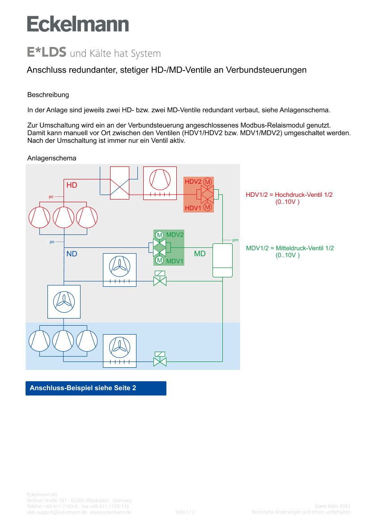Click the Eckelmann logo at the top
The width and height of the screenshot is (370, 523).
pos(78,24)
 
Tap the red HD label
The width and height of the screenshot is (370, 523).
pos(72,185)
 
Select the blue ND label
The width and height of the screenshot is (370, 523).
pos(72,254)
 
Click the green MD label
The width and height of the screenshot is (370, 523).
pos(200,254)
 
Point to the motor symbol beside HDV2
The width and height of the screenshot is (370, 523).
pos(207,182)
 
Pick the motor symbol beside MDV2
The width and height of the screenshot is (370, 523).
pos(159,235)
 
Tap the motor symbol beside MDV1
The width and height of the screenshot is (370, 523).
pos(159,260)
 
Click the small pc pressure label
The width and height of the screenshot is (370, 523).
pos(51,196)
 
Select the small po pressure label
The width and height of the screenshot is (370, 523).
pos(52,242)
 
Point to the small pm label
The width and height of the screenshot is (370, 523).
pos(235,240)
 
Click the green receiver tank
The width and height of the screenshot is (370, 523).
pos(222,260)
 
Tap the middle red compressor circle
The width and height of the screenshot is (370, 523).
pos(64,217)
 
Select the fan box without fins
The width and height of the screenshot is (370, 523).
pos(64,301)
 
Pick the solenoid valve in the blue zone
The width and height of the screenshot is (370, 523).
pos(160,359)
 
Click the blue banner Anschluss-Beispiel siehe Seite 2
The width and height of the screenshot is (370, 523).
pos(96,388)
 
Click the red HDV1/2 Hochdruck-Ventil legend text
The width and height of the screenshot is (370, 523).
pos(289,195)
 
